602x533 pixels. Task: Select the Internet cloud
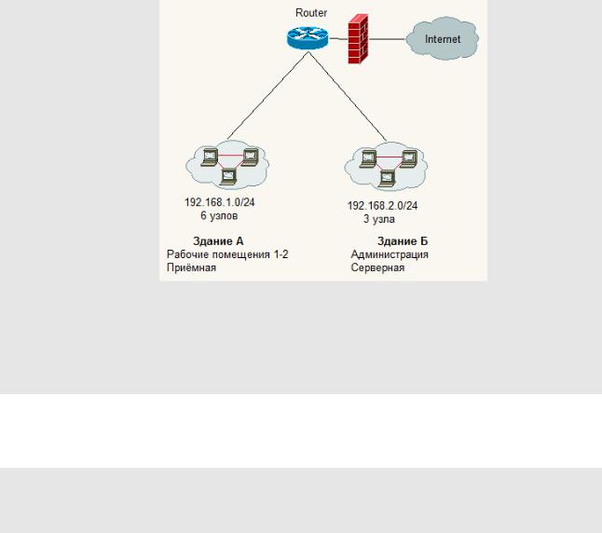(443, 39)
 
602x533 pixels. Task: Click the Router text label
(310, 14)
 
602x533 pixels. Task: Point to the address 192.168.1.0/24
(220, 201)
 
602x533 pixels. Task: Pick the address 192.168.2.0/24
(382, 206)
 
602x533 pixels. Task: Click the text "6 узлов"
(219, 215)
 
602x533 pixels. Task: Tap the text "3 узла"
(378, 220)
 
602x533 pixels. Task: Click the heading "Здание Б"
(403, 241)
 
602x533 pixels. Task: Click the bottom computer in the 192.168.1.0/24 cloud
(229, 172)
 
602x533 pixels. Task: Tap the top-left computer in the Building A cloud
(211, 156)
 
